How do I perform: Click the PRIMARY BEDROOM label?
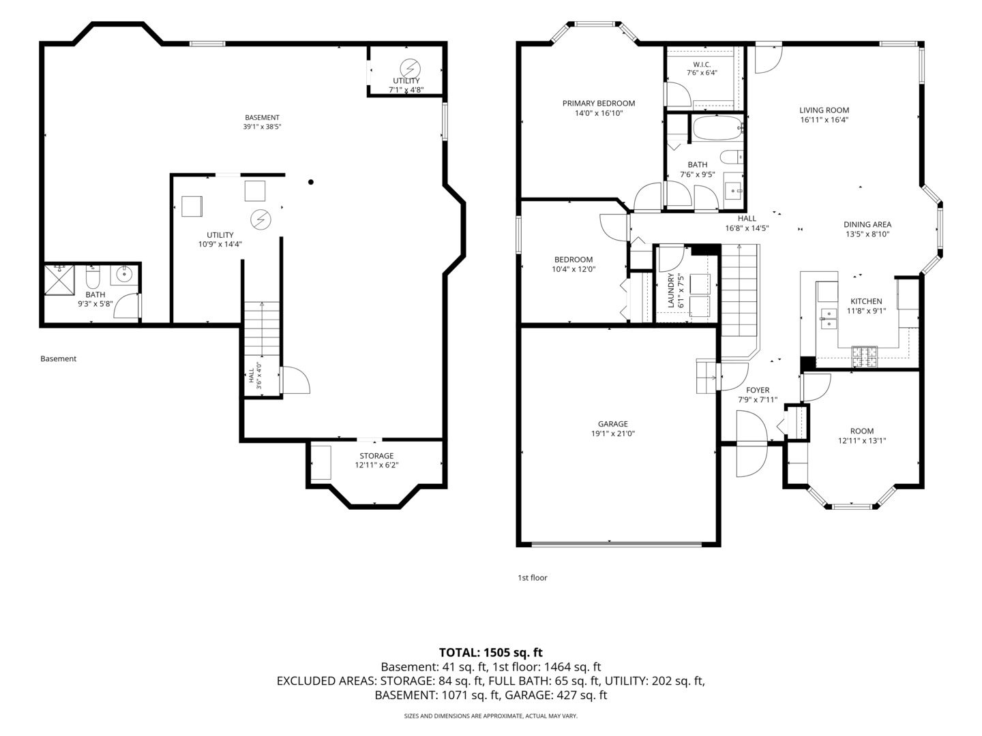(x=599, y=103)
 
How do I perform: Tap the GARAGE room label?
(x=613, y=424)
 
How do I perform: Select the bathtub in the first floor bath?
(x=717, y=128)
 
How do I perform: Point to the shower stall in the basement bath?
(x=59, y=280)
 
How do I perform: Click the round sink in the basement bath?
(x=122, y=275)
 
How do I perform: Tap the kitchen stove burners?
(x=864, y=356)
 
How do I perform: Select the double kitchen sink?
(x=829, y=319)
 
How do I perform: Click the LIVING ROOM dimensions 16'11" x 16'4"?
(x=824, y=120)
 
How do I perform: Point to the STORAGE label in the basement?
(x=376, y=456)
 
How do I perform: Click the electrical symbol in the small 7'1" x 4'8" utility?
(x=411, y=68)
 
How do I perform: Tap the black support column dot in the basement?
(x=311, y=182)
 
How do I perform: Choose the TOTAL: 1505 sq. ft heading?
(x=491, y=652)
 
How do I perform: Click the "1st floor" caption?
(x=533, y=578)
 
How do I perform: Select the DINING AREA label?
(x=867, y=224)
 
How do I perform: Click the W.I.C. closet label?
(x=702, y=65)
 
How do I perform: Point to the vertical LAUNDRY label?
(x=671, y=290)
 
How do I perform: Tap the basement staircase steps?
(x=262, y=329)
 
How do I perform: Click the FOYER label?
(x=758, y=390)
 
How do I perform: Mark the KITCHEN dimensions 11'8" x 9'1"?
(x=867, y=311)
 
